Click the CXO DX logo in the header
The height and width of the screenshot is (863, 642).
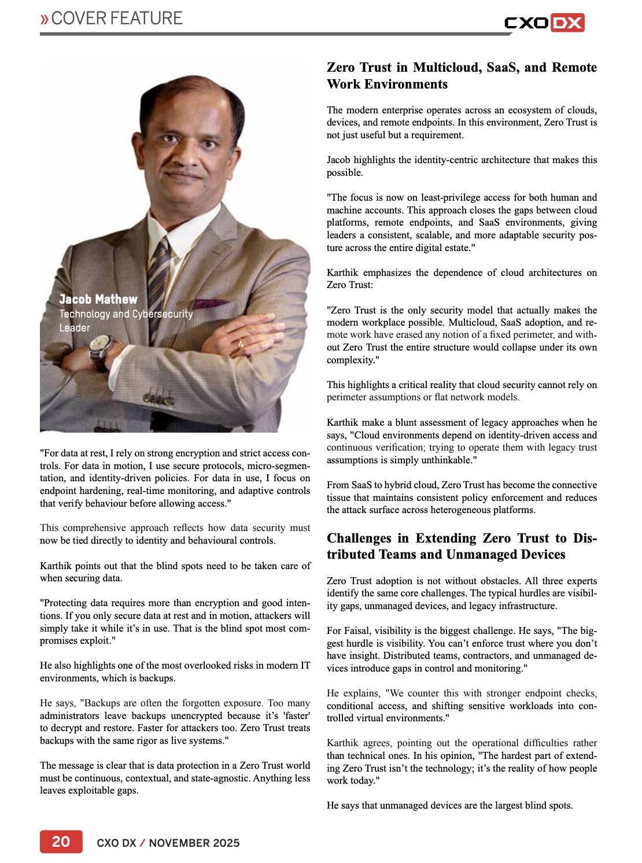click(x=544, y=23)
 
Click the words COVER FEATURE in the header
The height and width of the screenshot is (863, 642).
click(x=117, y=19)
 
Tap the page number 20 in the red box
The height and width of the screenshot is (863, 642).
click(x=61, y=842)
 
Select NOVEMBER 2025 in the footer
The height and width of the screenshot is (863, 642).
click(x=194, y=843)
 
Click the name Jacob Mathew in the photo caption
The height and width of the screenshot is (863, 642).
click(x=98, y=299)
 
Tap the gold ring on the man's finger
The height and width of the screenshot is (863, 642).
click(x=241, y=344)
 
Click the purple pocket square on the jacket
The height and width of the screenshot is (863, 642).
click(x=211, y=302)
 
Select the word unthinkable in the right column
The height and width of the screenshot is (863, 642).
click(x=446, y=460)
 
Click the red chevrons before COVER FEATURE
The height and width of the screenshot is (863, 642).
click(x=45, y=19)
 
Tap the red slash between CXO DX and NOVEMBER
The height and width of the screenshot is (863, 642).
click(x=142, y=843)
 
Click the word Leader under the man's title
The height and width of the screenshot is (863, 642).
click(x=75, y=327)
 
